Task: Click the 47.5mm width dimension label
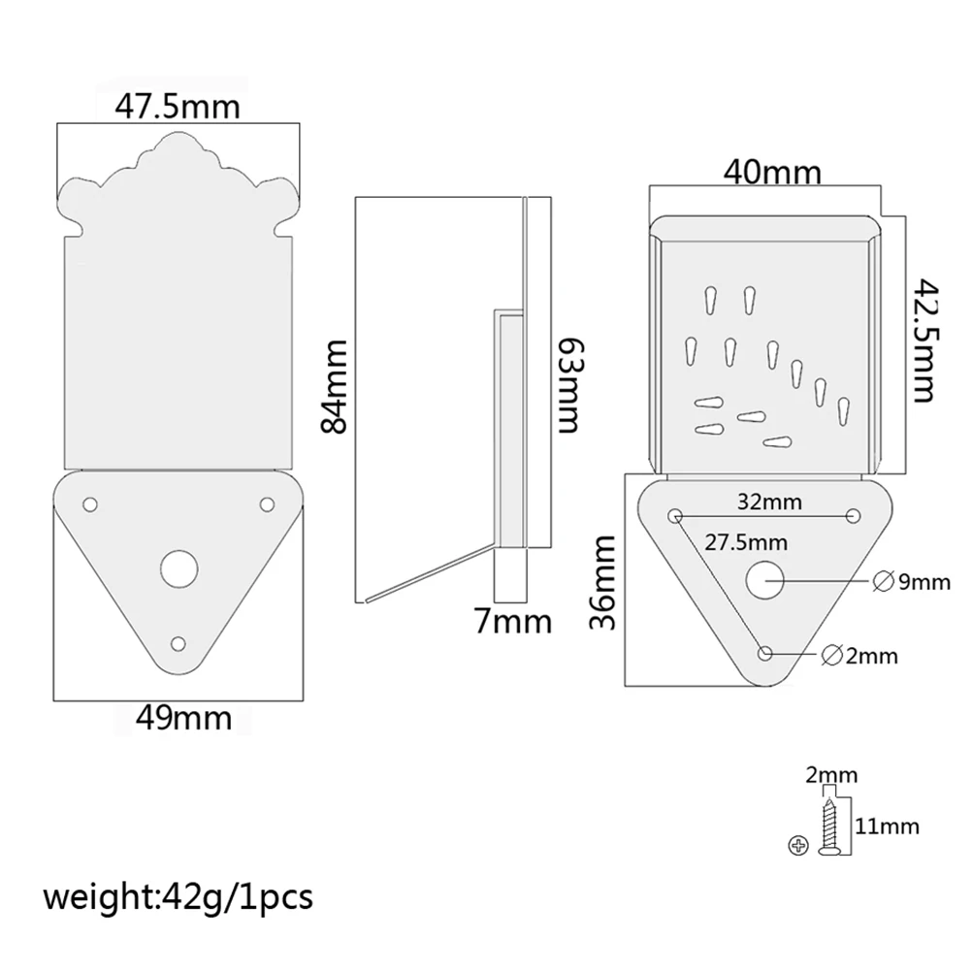coord(178,106)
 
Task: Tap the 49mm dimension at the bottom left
coord(183,718)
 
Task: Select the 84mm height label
coord(335,386)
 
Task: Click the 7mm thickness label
coord(512,621)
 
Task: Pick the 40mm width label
coord(772,172)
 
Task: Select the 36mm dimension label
coord(602,583)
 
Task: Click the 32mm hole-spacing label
coord(769,501)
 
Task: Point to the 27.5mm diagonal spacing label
coord(746,542)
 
